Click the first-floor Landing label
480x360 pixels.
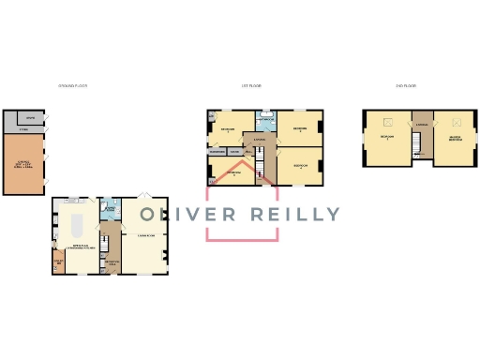click(x=260, y=141)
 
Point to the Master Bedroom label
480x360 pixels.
click(x=455, y=139)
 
